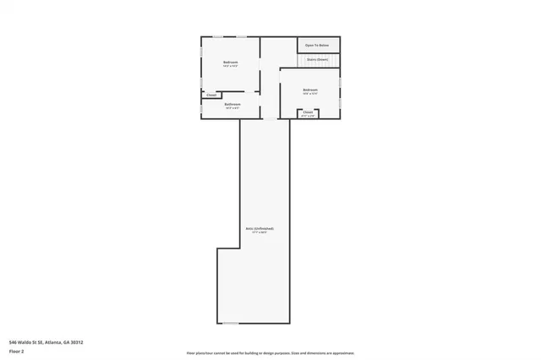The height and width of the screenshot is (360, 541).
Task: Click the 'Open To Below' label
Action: pyautogui.click(x=317, y=45)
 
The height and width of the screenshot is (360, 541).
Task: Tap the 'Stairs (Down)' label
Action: pyautogui.click(x=317, y=59)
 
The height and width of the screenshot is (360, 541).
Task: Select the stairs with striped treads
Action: pyautogui.click(x=333, y=59)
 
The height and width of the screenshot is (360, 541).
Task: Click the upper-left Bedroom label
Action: pyautogui.click(x=230, y=63)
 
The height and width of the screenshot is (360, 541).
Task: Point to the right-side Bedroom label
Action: pyautogui.click(x=310, y=90)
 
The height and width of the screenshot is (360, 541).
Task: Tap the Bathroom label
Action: pyautogui.click(x=232, y=105)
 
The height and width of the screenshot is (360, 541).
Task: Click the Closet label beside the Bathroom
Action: pyautogui.click(x=211, y=95)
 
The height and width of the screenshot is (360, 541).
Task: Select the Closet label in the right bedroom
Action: pyautogui.click(x=308, y=112)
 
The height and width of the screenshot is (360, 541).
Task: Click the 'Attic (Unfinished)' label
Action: pyautogui.click(x=260, y=228)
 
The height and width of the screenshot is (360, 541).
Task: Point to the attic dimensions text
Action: pyautogui.click(x=260, y=232)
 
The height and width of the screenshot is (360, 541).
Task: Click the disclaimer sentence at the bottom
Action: pyautogui.click(x=270, y=352)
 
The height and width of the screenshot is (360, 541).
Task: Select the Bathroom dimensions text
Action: pyautogui.click(x=232, y=108)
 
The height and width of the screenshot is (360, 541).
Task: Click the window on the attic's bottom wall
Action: pyautogui.click(x=231, y=323)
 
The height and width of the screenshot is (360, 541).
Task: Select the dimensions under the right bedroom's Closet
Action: pyautogui.click(x=308, y=115)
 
